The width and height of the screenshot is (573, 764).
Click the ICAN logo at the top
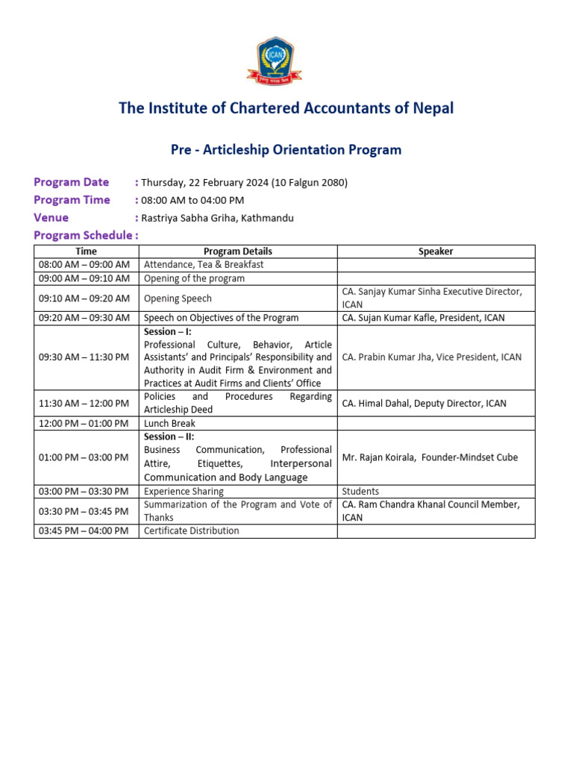275,61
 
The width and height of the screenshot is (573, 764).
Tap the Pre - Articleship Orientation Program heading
286,150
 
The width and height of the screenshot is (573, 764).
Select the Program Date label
72,182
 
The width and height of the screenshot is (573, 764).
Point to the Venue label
51,218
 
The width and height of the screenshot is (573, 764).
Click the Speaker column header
436,251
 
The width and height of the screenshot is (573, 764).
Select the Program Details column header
237,251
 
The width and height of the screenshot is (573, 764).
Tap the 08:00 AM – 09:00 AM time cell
84,265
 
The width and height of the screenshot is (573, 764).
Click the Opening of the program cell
194,278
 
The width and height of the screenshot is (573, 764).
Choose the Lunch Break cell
169,423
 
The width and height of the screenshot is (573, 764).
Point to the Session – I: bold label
167,331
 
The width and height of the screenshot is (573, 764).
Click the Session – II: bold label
169,436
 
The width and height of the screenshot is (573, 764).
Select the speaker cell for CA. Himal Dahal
424,403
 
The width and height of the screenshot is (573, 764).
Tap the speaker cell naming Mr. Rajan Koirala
430,457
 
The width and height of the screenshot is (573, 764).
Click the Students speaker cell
360,492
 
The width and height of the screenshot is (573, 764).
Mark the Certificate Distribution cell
192,530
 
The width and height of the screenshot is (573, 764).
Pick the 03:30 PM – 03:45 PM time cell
84,511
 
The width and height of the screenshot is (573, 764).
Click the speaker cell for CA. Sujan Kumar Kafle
423,318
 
